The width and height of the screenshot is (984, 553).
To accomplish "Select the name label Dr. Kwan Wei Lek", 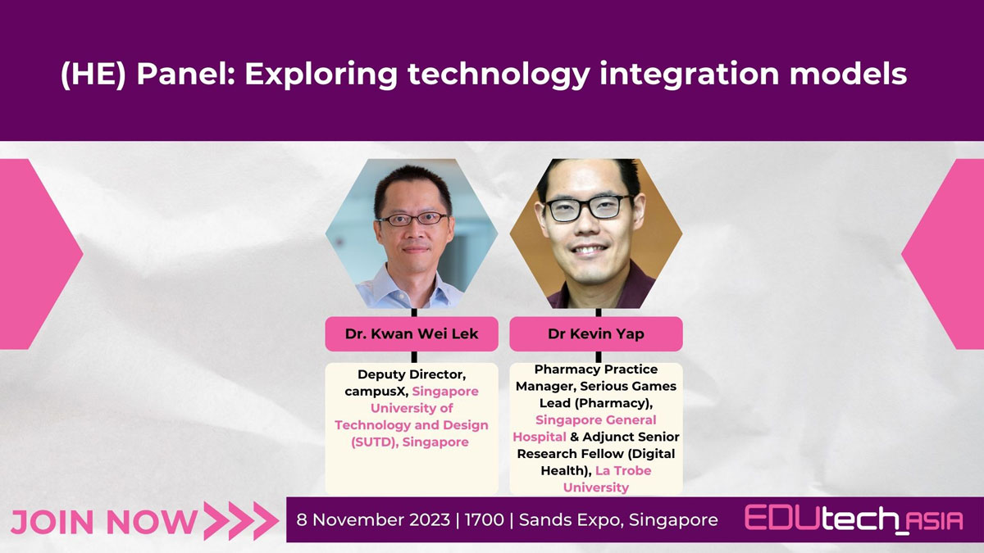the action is (x=411, y=333).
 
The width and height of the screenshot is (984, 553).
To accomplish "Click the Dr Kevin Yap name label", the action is (x=595, y=333).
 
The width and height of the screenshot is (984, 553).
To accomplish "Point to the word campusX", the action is (x=376, y=391).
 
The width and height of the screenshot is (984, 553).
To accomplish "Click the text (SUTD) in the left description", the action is (x=375, y=442).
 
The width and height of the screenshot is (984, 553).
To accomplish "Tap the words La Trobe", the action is (x=623, y=470).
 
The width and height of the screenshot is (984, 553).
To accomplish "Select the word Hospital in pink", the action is (x=540, y=437).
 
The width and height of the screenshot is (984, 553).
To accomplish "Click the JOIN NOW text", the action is (x=103, y=523).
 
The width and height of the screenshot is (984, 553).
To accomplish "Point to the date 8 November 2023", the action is (x=373, y=519).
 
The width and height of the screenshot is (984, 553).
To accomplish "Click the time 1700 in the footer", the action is (x=484, y=519).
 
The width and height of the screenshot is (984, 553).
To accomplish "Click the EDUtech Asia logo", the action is (x=854, y=519).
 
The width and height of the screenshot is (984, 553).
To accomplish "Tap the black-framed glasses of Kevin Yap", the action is (x=588, y=207).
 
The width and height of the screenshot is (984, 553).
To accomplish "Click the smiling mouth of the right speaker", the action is (x=589, y=250).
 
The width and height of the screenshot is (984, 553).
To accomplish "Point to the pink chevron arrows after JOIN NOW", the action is (x=241, y=521).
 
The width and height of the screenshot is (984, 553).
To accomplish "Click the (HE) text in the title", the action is (x=93, y=75).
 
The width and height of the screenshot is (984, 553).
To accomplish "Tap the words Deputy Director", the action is (x=412, y=374).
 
